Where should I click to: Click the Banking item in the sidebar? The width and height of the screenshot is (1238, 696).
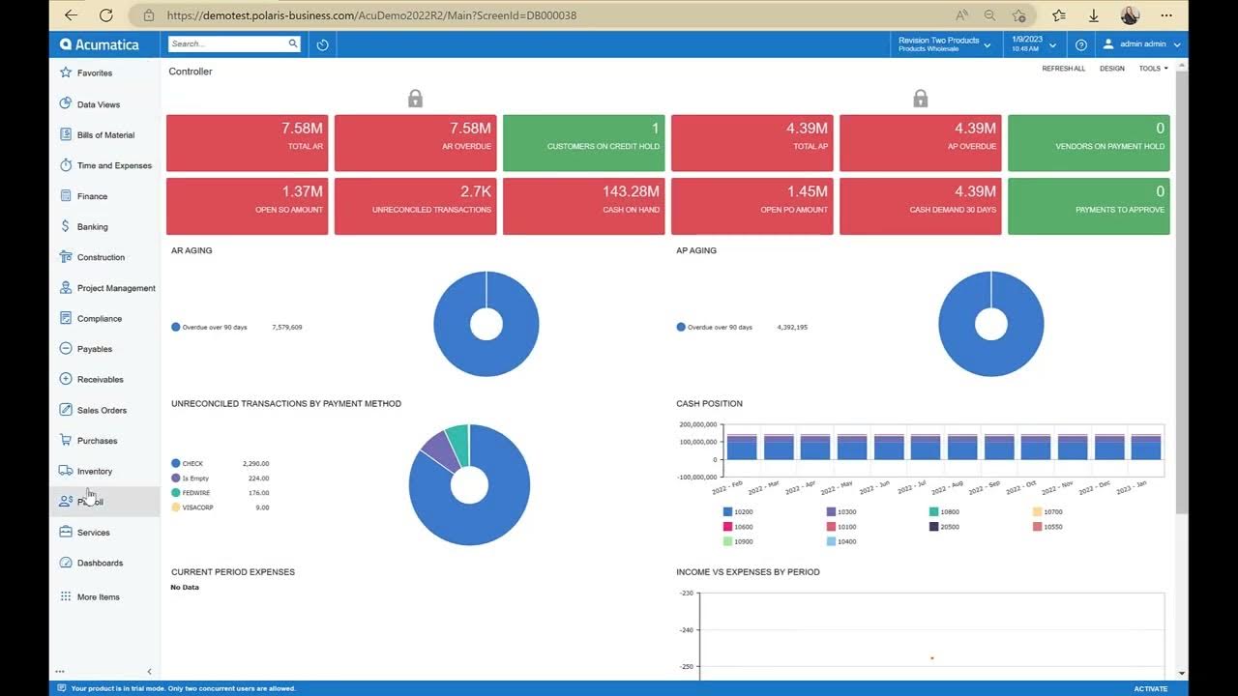click(92, 227)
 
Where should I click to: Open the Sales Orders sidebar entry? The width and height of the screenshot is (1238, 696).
click(102, 410)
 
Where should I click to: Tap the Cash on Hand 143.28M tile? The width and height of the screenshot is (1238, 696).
click(583, 205)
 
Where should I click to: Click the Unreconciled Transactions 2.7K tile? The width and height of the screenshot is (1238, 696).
click(415, 205)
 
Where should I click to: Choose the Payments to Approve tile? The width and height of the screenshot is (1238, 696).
click(1088, 205)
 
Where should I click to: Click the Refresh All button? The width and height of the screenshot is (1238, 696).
click(1063, 69)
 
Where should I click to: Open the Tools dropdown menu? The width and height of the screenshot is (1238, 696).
click(1153, 69)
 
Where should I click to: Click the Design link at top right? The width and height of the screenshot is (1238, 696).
click(1111, 69)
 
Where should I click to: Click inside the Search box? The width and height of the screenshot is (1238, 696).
click(227, 43)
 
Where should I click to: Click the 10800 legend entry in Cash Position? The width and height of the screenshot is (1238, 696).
click(949, 511)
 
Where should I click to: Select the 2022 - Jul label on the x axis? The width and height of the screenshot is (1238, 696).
click(912, 486)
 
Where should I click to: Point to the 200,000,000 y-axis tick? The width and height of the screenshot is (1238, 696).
click(697, 424)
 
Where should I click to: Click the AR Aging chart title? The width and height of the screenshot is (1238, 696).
click(192, 250)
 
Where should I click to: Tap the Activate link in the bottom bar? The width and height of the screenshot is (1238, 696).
click(1150, 688)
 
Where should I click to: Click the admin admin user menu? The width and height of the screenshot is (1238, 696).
click(1141, 44)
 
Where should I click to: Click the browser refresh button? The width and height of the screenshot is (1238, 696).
click(106, 15)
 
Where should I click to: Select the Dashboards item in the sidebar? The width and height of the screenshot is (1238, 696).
click(100, 563)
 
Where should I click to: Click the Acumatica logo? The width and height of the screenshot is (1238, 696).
click(100, 44)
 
